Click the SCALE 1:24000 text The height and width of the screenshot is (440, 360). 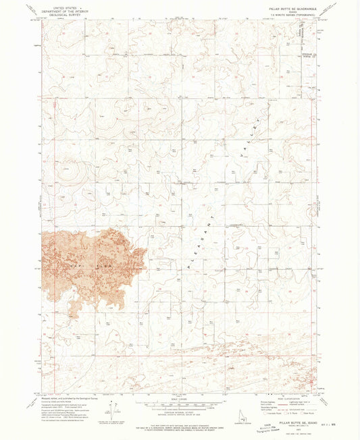tap(180, 400)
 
